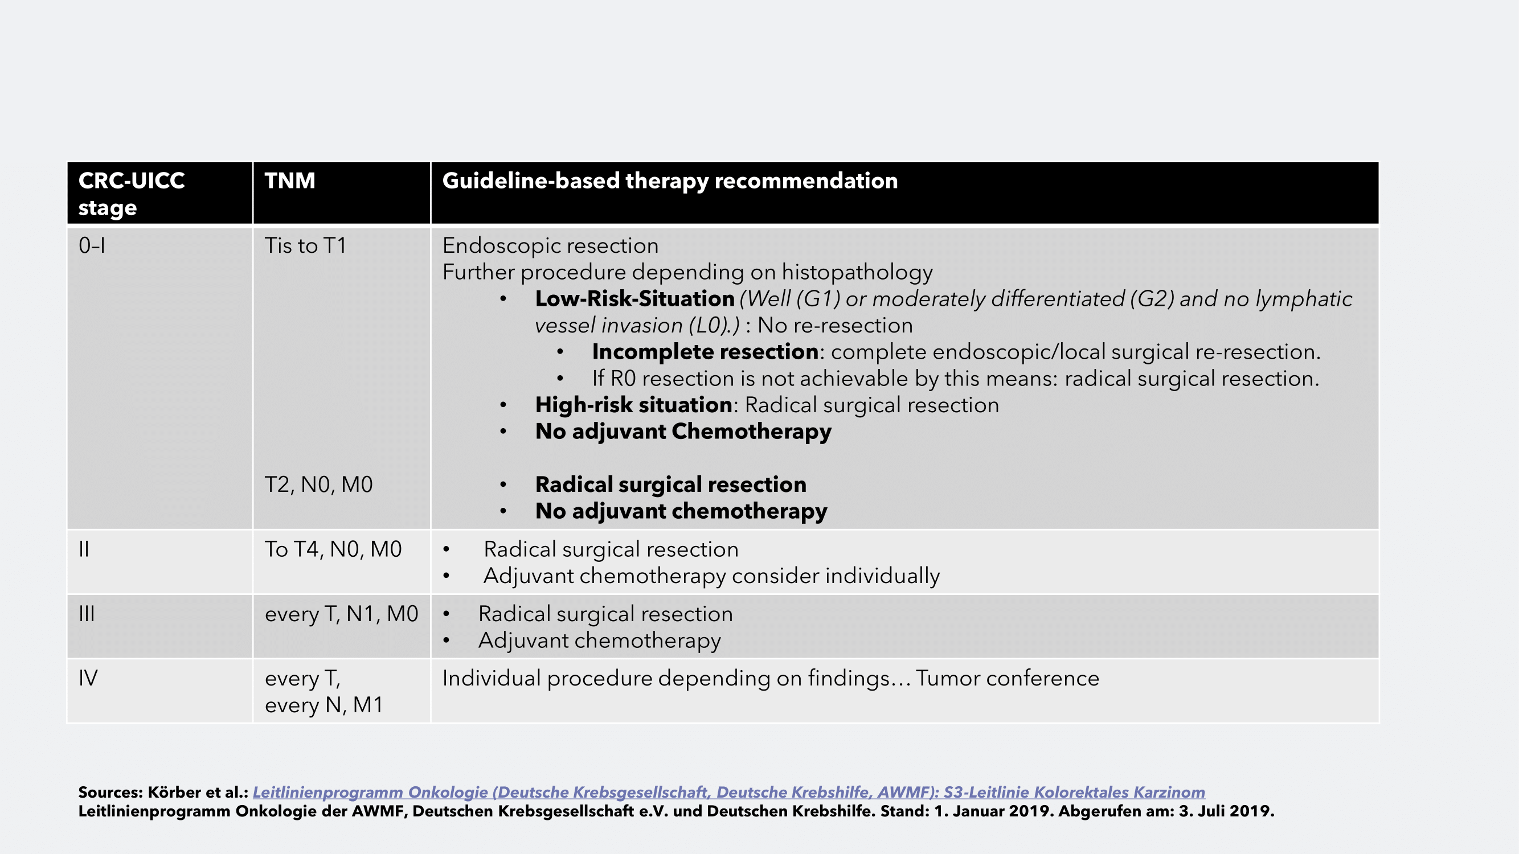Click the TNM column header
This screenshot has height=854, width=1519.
[x=289, y=181]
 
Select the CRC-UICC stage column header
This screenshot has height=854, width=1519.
[x=132, y=194]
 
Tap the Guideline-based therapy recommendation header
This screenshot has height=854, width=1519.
[x=670, y=181]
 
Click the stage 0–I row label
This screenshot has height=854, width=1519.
[x=92, y=246]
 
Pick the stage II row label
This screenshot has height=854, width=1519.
[x=84, y=549]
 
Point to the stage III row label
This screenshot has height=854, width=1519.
[x=87, y=614]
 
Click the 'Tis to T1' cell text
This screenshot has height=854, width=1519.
[x=305, y=246]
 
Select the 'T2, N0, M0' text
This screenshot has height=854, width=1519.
[x=318, y=485]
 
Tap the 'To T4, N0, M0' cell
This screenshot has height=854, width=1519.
[x=333, y=549]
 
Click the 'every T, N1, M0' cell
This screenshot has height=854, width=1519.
[x=341, y=614]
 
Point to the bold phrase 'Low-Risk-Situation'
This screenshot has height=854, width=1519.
[x=634, y=299]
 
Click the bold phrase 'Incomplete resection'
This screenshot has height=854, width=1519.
[x=705, y=352]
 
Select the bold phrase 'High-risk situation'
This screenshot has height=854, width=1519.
[x=633, y=405]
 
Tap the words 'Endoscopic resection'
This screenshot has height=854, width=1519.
[x=550, y=246]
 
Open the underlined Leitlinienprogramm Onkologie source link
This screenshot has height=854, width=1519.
[x=728, y=792]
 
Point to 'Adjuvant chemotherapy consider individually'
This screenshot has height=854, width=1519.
[x=711, y=576]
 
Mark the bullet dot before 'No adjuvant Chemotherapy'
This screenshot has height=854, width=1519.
[x=503, y=432]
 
